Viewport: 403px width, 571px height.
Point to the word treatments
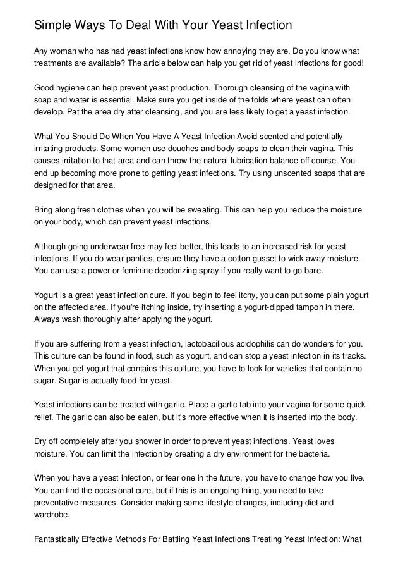[56, 63]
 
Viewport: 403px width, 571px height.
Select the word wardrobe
[52, 514]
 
